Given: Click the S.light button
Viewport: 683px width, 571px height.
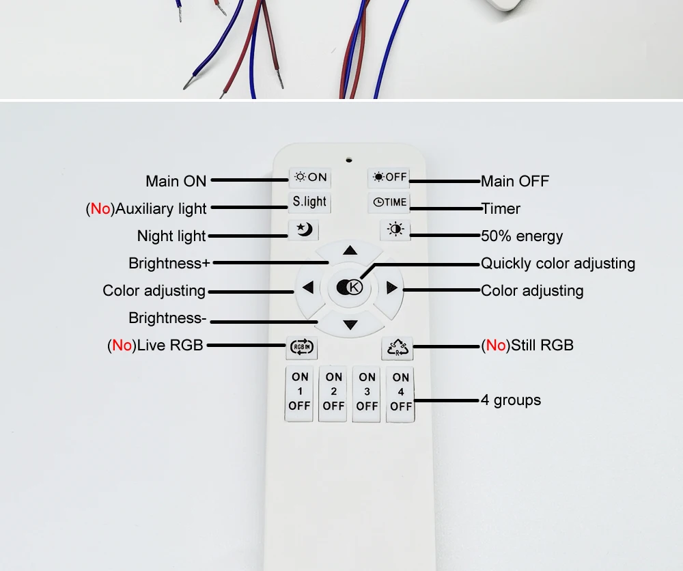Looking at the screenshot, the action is point(309,202).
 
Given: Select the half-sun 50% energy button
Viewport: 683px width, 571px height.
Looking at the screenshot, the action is point(395,229).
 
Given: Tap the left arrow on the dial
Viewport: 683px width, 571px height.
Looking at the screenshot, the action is point(308,288).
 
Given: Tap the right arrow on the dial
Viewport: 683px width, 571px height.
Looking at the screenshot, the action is point(391,288).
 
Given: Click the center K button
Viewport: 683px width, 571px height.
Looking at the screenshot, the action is point(350,288).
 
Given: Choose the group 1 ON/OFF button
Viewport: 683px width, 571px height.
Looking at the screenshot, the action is point(300,391).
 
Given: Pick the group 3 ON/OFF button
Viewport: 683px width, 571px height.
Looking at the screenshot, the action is point(367,391).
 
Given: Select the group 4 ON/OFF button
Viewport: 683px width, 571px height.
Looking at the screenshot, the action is point(401,391).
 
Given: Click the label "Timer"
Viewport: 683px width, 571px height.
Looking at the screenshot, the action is point(501,209).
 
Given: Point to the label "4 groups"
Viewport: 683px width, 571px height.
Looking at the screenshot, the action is point(511,400).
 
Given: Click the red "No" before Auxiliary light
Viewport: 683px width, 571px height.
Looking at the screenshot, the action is point(100,209).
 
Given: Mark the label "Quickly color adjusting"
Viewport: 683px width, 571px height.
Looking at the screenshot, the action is point(558,264).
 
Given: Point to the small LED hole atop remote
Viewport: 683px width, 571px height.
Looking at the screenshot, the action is point(348,161).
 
